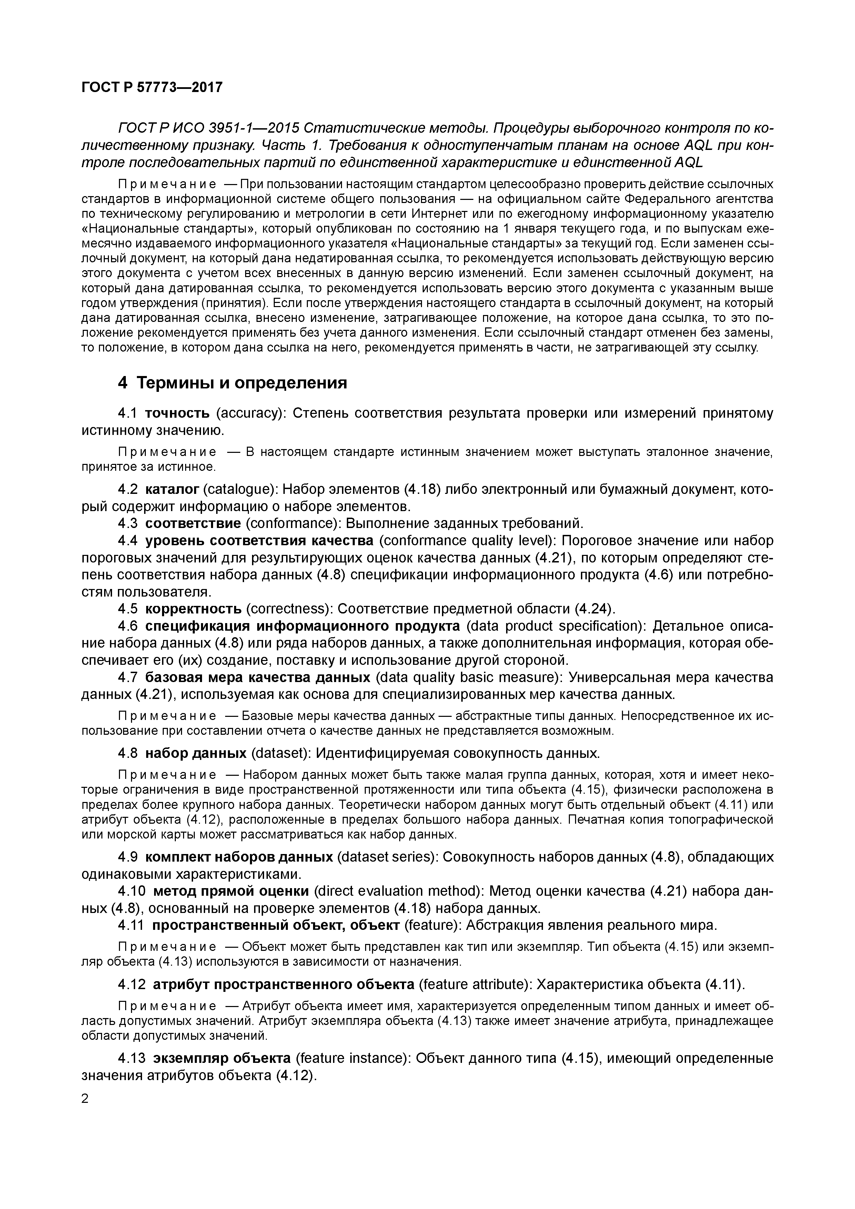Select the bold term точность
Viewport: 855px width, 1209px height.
[177, 413]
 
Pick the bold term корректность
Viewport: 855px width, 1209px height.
[193, 609]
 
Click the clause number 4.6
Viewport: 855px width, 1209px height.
[128, 626]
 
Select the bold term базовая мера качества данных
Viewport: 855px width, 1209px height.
[258, 677]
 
